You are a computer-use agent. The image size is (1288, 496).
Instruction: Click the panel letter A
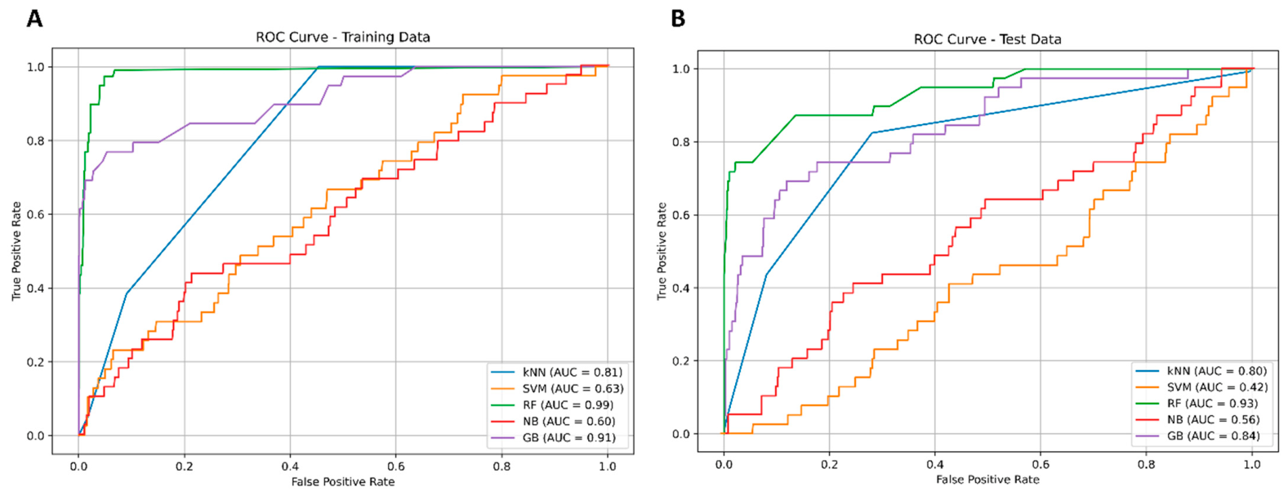(34, 19)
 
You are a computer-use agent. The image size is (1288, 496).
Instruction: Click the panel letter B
(678, 19)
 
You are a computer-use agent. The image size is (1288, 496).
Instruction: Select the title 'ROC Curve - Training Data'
(343, 38)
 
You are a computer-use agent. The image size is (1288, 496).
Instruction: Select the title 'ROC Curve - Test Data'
(987, 39)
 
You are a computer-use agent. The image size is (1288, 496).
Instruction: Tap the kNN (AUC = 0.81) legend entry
(556, 373)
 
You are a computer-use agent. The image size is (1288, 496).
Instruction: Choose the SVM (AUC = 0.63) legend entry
(557, 388)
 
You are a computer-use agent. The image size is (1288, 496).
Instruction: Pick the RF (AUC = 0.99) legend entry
(552, 405)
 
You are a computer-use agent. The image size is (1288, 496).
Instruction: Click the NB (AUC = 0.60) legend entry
(553, 422)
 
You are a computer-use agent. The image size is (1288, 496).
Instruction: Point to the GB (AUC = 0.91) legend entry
(553, 438)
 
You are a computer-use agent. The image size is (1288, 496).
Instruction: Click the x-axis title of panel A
(343, 481)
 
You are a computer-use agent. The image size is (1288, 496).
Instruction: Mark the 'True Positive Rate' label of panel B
(662, 251)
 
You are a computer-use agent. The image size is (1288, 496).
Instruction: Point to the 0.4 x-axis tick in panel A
(290, 466)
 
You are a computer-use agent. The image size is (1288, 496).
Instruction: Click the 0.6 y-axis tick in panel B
(681, 215)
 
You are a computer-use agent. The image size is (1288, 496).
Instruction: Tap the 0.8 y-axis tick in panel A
(36, 141)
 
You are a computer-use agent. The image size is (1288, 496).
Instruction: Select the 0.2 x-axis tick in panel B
(829, 464)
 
